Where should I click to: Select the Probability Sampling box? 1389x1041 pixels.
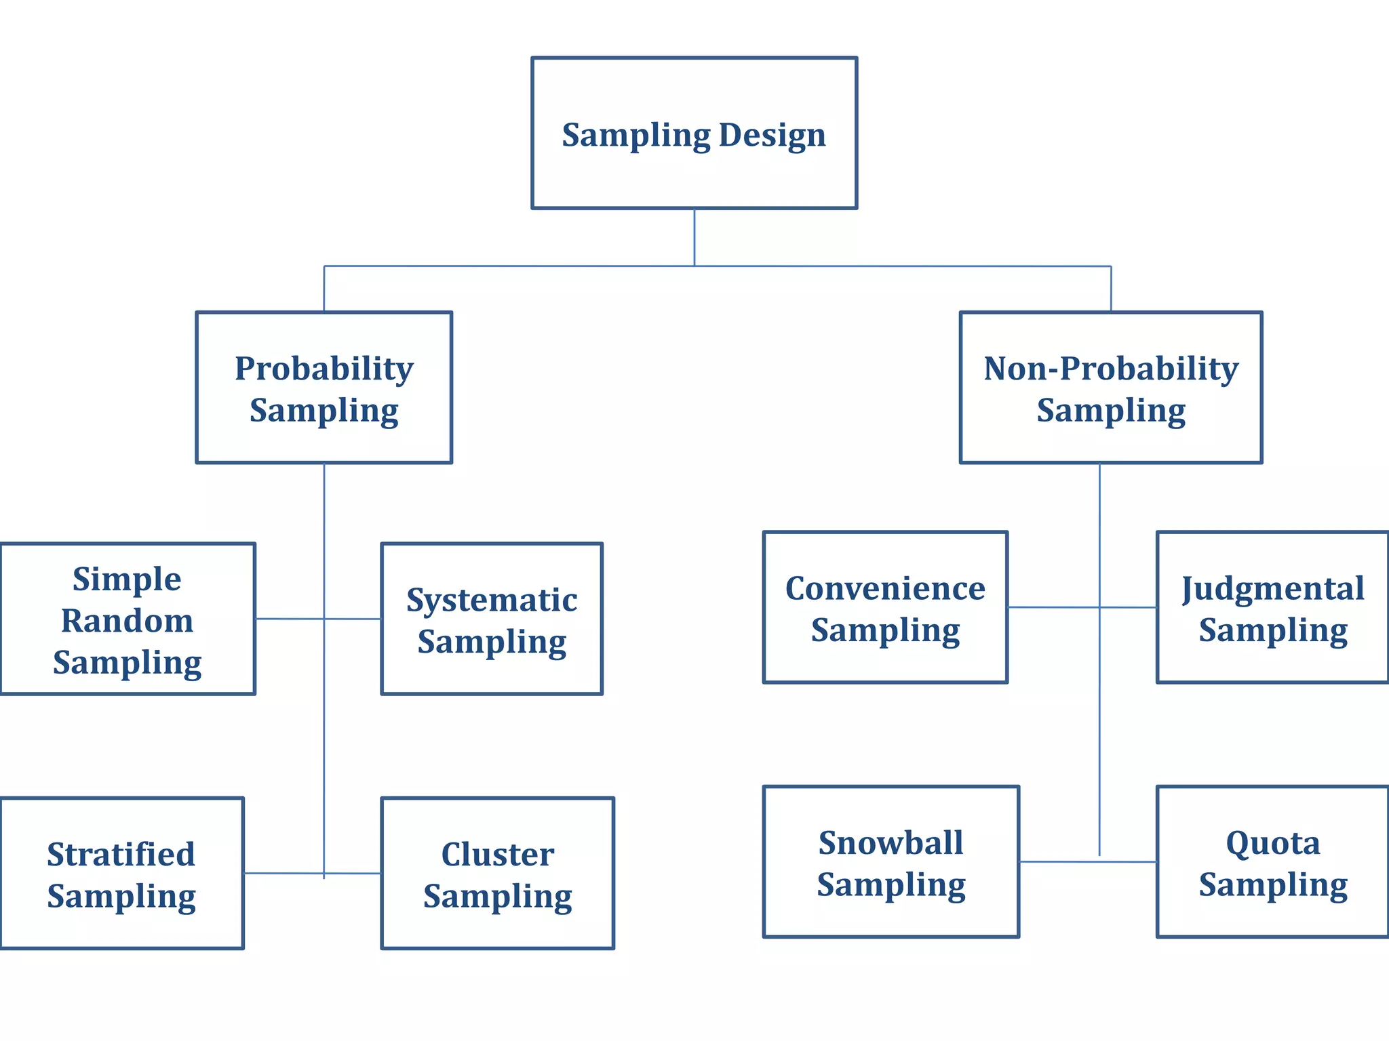coord(324,388)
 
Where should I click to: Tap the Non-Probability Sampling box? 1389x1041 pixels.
coord(1110,388)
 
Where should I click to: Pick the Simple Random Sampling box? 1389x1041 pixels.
coord(128,619)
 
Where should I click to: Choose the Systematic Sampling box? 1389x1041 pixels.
coord(492,619)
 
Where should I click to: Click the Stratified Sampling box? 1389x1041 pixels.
coord(122,873)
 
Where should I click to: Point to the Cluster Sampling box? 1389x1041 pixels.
coord(497,873)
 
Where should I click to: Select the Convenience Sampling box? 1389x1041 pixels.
coord(885,607)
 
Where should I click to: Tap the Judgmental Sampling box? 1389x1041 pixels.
coord(1272,607)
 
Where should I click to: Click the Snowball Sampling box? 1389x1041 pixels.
coord(891,861)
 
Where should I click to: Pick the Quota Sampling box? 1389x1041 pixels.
coord(1272,861)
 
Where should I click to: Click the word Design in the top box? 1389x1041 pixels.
coord(772,135)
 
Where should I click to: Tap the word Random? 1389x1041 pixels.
coord(128,621)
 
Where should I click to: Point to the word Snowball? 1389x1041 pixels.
coord(891,843)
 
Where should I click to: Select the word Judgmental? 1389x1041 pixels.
coord(1272,588)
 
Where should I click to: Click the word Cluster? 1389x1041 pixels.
coord(497,854)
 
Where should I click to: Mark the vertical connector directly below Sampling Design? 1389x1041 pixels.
coord(694,237)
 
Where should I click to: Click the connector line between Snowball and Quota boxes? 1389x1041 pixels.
coord(1058,861)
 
